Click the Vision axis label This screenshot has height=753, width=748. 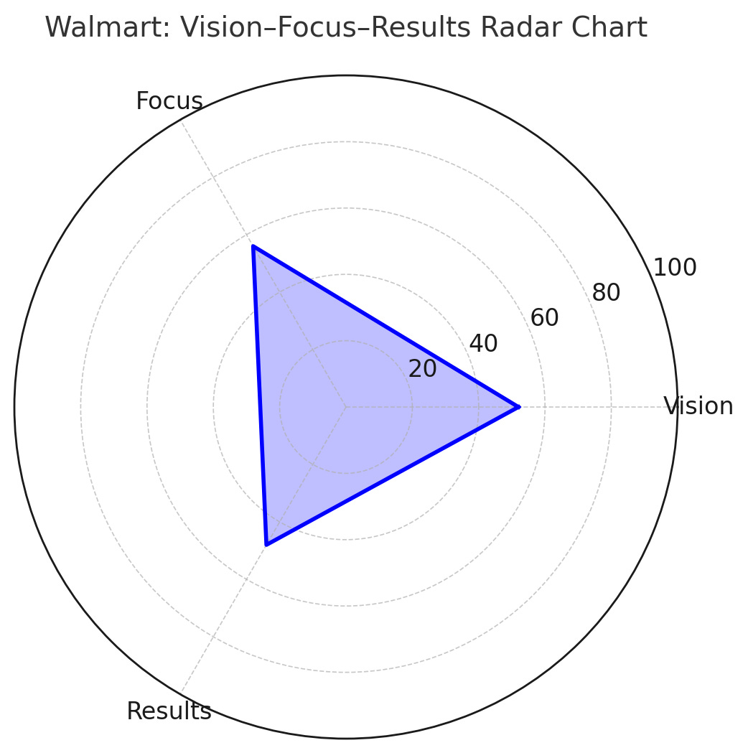click(698, 406)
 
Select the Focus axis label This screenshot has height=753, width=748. click(169, 101)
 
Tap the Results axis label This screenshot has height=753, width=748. click(169, 711)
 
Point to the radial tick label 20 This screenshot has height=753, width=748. click(422, 369)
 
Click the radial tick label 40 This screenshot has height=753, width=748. click(483, 344)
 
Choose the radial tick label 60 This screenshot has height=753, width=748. click(544, 318)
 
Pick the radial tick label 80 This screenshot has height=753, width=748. click(606, 293)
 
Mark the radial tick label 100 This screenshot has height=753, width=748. click(674, 268)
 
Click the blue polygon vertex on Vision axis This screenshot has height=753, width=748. click(518, 407)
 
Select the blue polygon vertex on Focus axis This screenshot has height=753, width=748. click(253, 246)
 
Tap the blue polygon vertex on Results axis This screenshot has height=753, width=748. click(266, 545)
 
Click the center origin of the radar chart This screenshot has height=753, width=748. click(346, 407)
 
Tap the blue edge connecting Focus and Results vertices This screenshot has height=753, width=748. click(260, 396)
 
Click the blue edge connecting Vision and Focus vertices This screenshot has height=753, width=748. click(385, 327)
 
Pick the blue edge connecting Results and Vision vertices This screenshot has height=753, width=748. click(392, 476)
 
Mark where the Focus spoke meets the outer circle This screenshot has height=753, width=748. click(180, 120)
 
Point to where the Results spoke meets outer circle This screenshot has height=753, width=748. click(180, 694)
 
